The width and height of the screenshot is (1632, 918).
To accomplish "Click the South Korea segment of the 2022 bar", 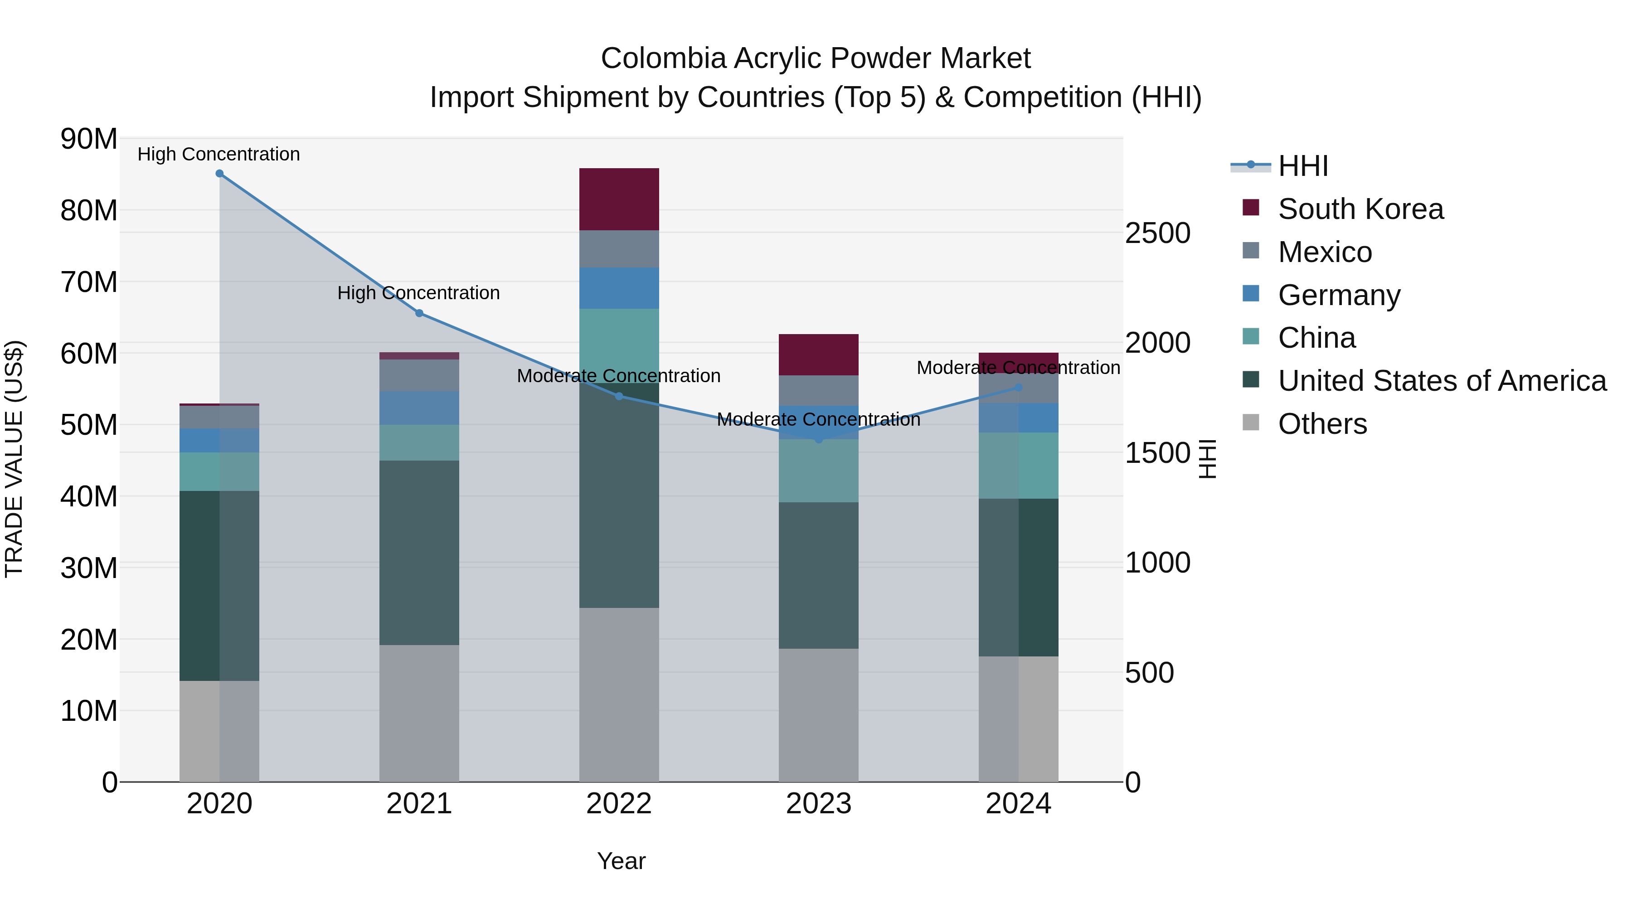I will coord(619,199).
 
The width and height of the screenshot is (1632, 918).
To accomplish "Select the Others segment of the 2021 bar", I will coord(419,713).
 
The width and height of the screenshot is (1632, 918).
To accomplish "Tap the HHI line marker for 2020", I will coord(219,174).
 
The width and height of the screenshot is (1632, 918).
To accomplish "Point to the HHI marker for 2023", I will coord(819,439).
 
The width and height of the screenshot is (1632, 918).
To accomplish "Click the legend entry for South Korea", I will coord(1360,209).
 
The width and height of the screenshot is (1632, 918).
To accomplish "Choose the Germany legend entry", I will coord(1339,295).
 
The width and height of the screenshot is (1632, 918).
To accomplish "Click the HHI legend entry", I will coord(1302,166).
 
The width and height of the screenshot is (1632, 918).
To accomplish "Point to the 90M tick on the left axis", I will coord(89,139).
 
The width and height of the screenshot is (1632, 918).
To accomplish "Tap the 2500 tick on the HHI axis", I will coord(1157,233).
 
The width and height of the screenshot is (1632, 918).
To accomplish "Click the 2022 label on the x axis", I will coord(619,804).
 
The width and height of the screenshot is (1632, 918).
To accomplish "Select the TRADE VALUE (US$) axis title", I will coord(14,459).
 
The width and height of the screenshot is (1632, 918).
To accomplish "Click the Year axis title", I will coord(621,861).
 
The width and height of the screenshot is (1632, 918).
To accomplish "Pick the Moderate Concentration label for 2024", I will coord(1018,368).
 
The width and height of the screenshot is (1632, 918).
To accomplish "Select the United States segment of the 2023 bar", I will coord(819,575).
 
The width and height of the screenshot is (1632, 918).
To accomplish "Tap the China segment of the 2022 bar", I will coord(619,339).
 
